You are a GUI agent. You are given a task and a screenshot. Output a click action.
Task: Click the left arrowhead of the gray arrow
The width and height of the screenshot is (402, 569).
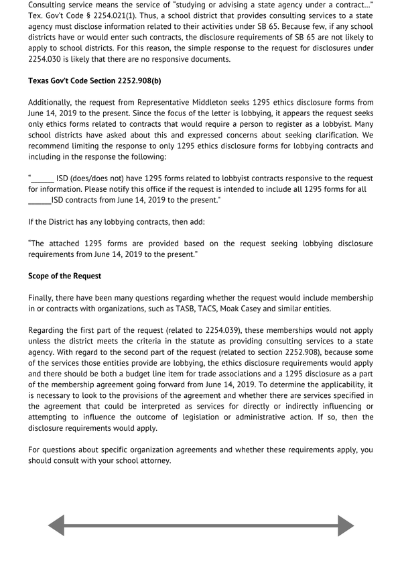pos(56,525)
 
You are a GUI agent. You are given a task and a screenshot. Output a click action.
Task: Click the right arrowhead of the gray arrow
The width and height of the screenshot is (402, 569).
pos(346,525)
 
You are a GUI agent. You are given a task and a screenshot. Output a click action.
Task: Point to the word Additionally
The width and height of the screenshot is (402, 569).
pos(54,103)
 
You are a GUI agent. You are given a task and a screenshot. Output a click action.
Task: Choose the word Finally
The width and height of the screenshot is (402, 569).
pos(42,297)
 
